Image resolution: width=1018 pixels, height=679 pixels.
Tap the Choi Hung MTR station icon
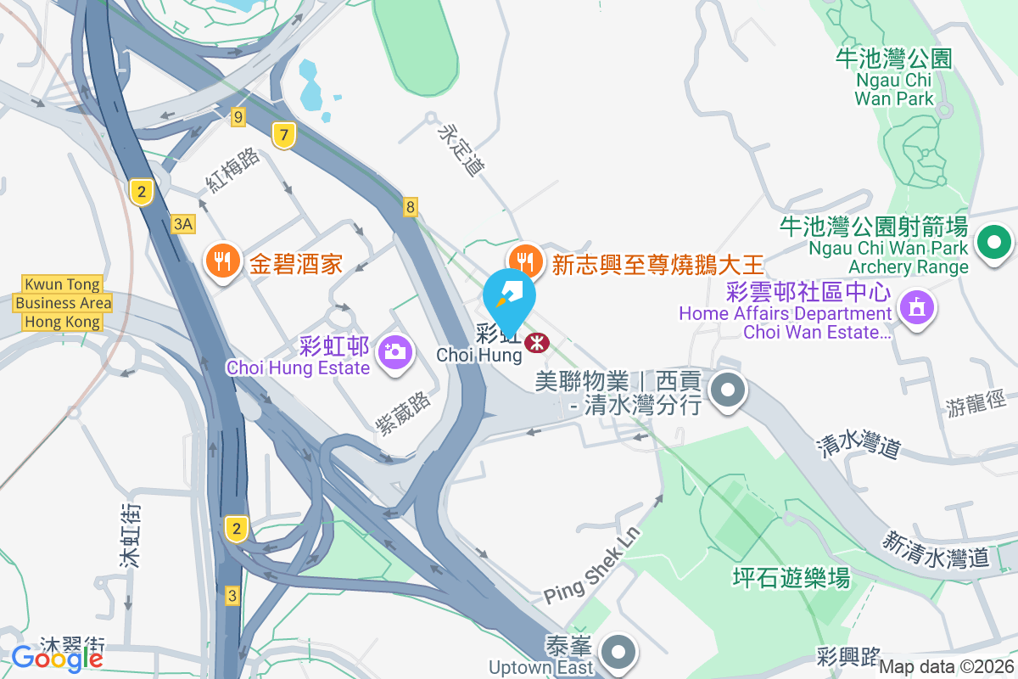click(x=536, y=343)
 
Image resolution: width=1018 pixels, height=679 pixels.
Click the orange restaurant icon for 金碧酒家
click(x=222, y=262)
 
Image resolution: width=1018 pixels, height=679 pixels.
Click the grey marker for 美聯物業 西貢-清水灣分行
click(x=727, y=391)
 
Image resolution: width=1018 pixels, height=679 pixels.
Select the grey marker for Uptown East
click(x=618, y=653)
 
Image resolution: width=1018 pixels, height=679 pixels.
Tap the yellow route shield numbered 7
click(x=283, y=134)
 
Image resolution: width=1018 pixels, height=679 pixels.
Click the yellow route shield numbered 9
click(x=238, y=117)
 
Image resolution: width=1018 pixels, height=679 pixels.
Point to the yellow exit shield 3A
click(x=183, y=224)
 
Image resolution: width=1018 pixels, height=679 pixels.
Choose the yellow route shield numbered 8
click(x=411, y=206)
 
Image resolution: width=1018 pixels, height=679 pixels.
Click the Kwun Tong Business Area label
click(x=63, y=303)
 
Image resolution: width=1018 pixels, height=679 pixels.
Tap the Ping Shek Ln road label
click(x=591, y=565)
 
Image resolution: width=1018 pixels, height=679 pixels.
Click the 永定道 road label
click(x=459, y=151)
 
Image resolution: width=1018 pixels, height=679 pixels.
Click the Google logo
click(x=57, y=657)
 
